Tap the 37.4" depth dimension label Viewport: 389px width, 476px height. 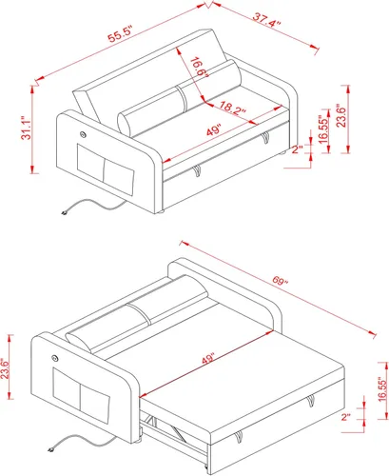[x=266, y=20]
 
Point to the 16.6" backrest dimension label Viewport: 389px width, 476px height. [x=199, y=68]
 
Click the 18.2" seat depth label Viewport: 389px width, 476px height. [x=232, y=108]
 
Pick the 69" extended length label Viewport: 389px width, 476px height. [x=280, y=281]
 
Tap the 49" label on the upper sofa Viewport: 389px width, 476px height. [x=214, y=129]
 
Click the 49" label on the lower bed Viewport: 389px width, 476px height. [x=208, y=359]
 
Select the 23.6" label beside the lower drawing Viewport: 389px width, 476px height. [x=5, y=368]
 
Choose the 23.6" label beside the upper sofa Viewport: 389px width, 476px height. [x=341, y=115]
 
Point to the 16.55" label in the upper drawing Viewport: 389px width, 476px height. [x=323, y=129]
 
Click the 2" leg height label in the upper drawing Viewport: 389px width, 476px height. [x=298, y=149]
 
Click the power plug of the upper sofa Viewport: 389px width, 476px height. [x=65, y=212]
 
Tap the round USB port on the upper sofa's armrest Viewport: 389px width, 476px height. [x=83, y=135]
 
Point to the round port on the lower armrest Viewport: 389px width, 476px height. [x=55, y=358]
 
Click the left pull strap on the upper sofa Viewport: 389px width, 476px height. [x=197, y=170]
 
